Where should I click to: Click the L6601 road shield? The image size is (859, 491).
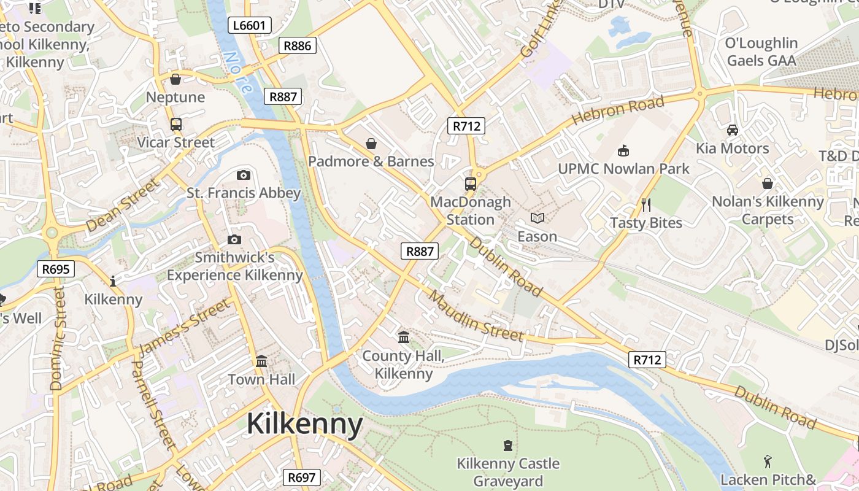pyautogui.click(x=250, y=25)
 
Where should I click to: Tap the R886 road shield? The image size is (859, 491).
pyautogui.click(x=298, y=45)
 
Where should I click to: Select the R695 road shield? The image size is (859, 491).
pyautogui.click(x=56, y=269)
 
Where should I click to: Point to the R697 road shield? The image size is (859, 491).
pyautogui.click(x=301, y=477)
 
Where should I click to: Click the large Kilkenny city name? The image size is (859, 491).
pyautogui.click(x=305, y=425)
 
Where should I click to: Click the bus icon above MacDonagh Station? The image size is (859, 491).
pyautogui.click(x=471, y=184)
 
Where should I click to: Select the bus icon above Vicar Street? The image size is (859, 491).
pyautogui.click(x=176, y=125)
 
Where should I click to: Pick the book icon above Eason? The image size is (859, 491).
pyautogui.click(x=537, y=218)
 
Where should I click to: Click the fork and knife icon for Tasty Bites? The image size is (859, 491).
pyautogui.click(x=645, y=204)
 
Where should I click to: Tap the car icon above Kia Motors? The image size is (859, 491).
pyautogui.click(x=732, y=130)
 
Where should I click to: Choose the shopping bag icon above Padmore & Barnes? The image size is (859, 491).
pyautogui.click(x=371, y=144)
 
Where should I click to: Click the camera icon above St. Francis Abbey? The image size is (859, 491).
pyautogui.click(x=244, y=176)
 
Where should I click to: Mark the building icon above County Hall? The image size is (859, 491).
pyautogui.click(x=404, y=337)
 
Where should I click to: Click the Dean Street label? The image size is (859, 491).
pyautogui.click(x=122, y=205)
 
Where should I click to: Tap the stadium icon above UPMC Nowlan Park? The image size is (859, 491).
pyautogui.click(x=623, y=150)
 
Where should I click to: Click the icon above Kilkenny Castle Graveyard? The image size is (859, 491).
pyautogui.click(x=507, y=445)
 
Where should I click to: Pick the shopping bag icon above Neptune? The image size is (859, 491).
pyautogui.click(x=175, y=79)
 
